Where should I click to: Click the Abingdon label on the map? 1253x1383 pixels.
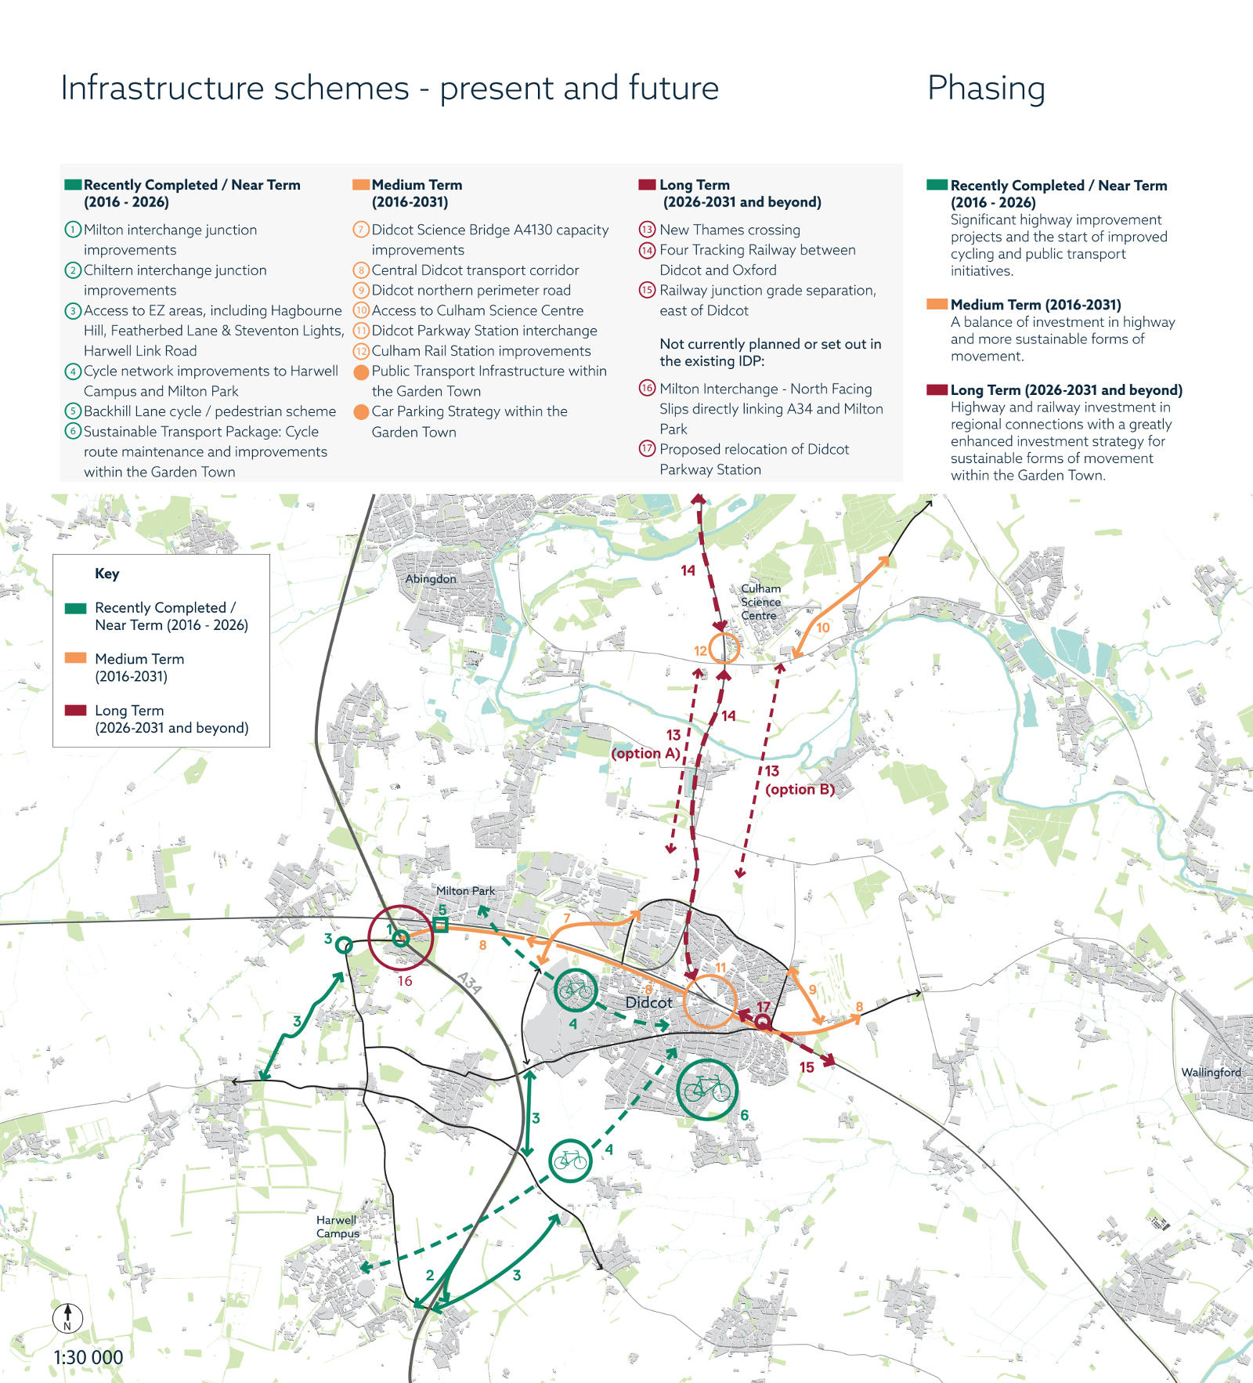click(x=431, y=579)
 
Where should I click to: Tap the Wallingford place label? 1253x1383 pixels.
click(x=1211, y=1072)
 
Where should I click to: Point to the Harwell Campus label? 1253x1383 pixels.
click(x=338, y=1226)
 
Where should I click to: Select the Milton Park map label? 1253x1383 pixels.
click(x=465, y=891)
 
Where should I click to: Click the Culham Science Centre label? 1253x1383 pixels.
click(x=760, y=602)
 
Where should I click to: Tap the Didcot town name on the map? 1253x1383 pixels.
click(x=648, y=1002)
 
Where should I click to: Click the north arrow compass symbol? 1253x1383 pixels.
click(x=67, y=1317)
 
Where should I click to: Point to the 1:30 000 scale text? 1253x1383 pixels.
click(x=88, y=1357)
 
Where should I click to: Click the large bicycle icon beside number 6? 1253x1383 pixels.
click(x=707, y=1090)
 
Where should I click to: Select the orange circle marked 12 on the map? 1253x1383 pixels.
click(x=724, y=648)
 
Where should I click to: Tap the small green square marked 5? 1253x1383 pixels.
click(x=441, y=925)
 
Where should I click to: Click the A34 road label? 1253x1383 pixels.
click(x=469, y=983)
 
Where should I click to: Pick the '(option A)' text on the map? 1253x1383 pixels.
click(x=645, y=753)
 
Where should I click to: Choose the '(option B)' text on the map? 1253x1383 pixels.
click(x=800, y=789)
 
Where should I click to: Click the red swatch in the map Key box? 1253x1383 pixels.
click(x=75, y=710)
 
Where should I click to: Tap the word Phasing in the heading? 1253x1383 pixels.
click(x=986, y=89)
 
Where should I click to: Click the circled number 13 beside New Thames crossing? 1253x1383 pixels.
click(x=647, y=230)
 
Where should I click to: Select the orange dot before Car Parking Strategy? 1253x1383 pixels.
click(x=361, y=411)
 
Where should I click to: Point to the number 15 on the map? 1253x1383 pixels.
click(x=807, y=1067)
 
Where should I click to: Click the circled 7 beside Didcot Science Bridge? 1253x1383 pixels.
click(x=361, y=230)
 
